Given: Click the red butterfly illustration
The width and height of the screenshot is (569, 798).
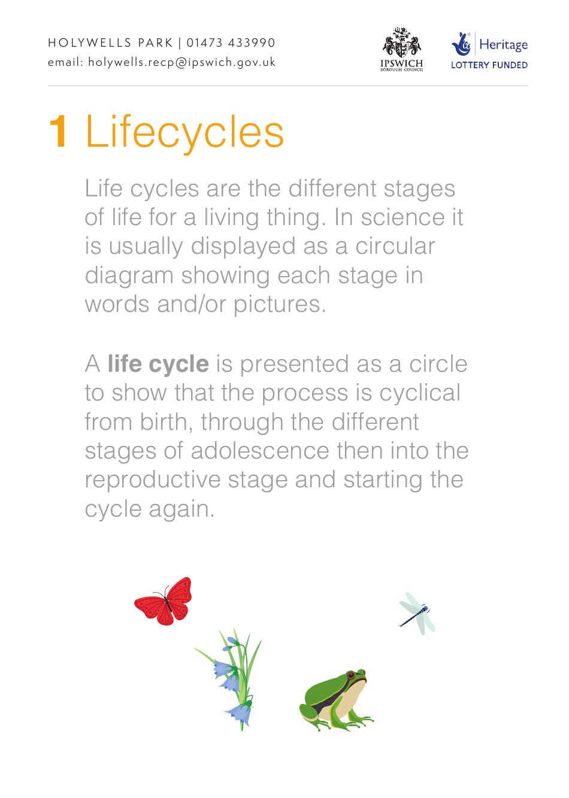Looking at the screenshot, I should coord(164,602).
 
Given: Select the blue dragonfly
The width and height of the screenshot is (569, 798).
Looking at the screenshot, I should coord(417,614).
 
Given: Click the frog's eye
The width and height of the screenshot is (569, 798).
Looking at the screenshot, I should coord(351,675).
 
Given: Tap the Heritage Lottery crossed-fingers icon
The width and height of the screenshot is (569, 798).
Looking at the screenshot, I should coord(461,44).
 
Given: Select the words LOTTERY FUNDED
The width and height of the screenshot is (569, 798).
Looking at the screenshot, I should coord(489,65).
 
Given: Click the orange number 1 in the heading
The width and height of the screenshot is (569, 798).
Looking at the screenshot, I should coord(59,132).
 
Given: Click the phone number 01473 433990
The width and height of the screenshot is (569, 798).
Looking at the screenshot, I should coord(231,43).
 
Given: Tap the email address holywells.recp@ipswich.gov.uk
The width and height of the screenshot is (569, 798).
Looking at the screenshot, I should coord(181,62).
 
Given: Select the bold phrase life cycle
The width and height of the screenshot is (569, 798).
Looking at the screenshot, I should coord(158,364).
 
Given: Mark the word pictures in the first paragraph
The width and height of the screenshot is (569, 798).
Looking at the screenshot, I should coord(279,305).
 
